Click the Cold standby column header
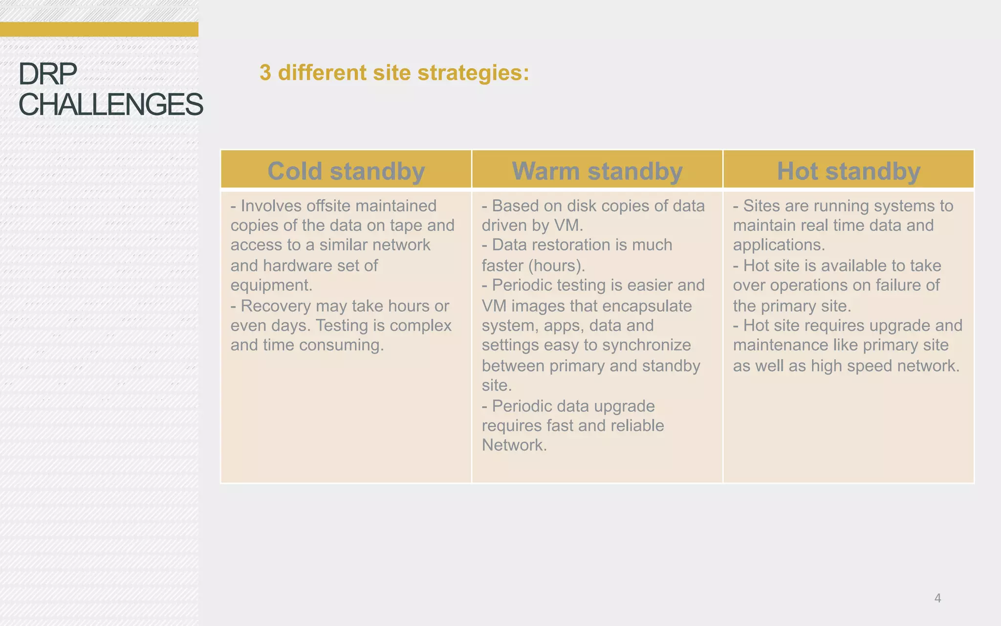(x=346, y=171)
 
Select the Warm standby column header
(x=597, y=171)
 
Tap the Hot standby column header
(x=849, y=171)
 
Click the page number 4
(x=937, y=598)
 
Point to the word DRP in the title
(x=47, y=74)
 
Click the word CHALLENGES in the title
(x=110, y=105)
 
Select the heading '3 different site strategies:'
(x=394, y=73)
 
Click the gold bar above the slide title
(x=99, y=29)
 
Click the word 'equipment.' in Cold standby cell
(x=271, y=285)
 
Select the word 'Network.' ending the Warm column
(x=514, y=445)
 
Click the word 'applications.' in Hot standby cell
(x=779, y=245)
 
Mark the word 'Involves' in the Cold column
(x=270, y=206)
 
